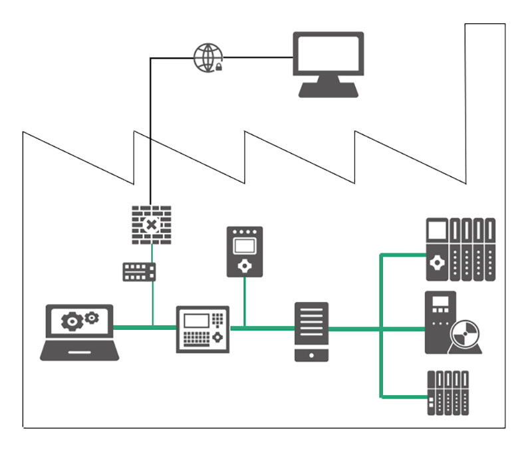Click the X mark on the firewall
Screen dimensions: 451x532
click(152, 225)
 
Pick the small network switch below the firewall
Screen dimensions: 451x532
click(139, 271)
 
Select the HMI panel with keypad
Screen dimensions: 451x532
click(203, 329)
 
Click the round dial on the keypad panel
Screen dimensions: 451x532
click(217, 338)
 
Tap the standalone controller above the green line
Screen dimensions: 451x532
click(245, 251)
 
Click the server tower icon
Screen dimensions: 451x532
click(311, 331)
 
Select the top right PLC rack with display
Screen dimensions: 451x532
click(460, 249)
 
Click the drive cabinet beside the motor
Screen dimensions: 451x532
click(440, 322)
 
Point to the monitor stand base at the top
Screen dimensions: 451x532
click(329, 91)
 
